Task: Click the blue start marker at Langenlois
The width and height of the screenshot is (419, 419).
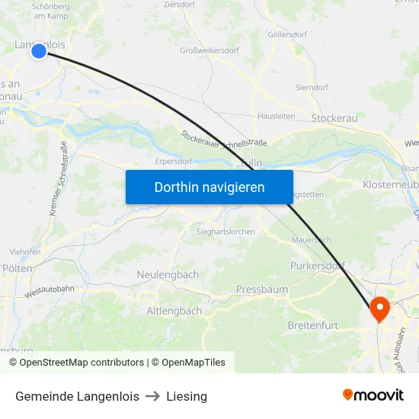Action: click(39, 51)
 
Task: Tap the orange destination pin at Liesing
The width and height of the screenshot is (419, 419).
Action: click(379, 309)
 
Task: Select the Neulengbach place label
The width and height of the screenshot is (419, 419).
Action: click(168, 274)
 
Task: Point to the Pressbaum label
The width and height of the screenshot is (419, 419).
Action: click(261, 289)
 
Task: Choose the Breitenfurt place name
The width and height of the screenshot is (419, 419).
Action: click(313, 325)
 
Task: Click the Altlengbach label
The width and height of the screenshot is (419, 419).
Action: click(174, 311)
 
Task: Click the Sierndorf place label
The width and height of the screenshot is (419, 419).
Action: click(311, 88)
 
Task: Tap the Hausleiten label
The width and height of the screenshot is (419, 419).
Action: click(276, 117)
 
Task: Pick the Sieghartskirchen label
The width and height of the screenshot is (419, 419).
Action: click(225, 232)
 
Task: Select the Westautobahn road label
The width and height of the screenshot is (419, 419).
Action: click(50, 290)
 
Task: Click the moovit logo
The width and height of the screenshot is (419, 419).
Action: click(373, 395)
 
